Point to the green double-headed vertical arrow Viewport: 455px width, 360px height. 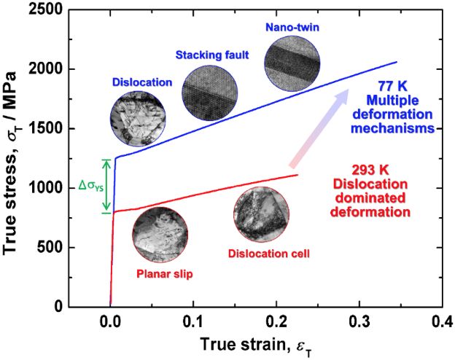(x=106, y=186)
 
